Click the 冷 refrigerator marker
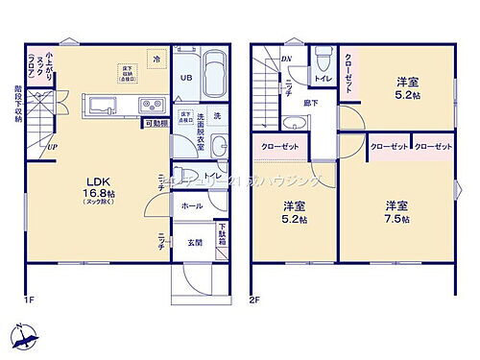[x=157, y=60]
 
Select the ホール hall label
[x=190, y=205]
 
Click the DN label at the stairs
[x=286, y=59]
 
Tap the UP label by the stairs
[x=51, y=147]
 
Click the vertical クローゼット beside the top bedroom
[x=349, y=69]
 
